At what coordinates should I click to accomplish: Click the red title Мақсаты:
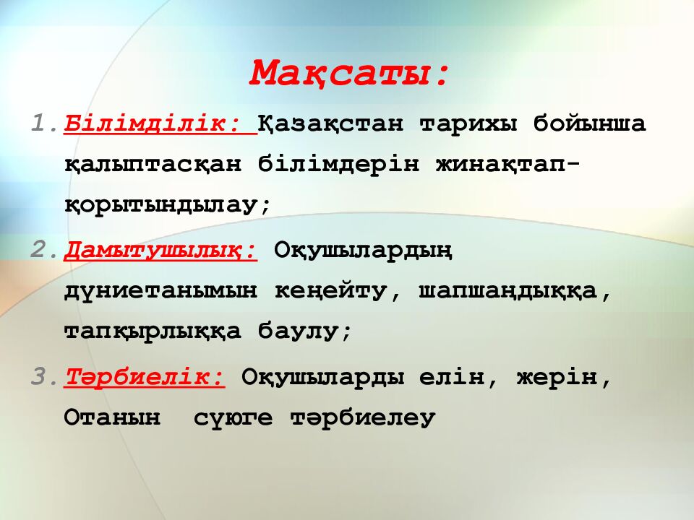tap(350, 73)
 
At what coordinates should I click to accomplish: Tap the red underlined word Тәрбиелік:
tap(145, 376)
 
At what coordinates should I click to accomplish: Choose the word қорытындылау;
tap(167, 205)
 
